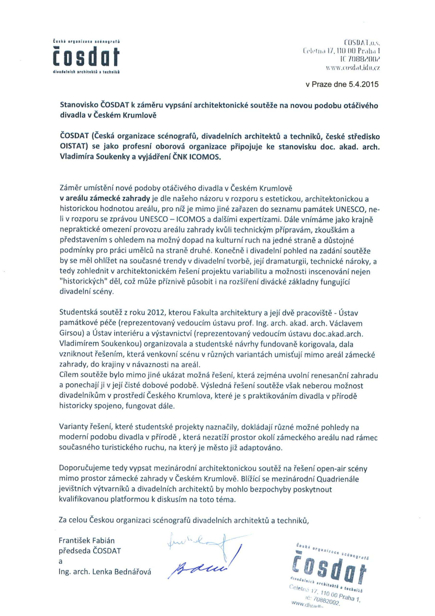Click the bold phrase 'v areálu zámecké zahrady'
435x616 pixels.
click(105, 199)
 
